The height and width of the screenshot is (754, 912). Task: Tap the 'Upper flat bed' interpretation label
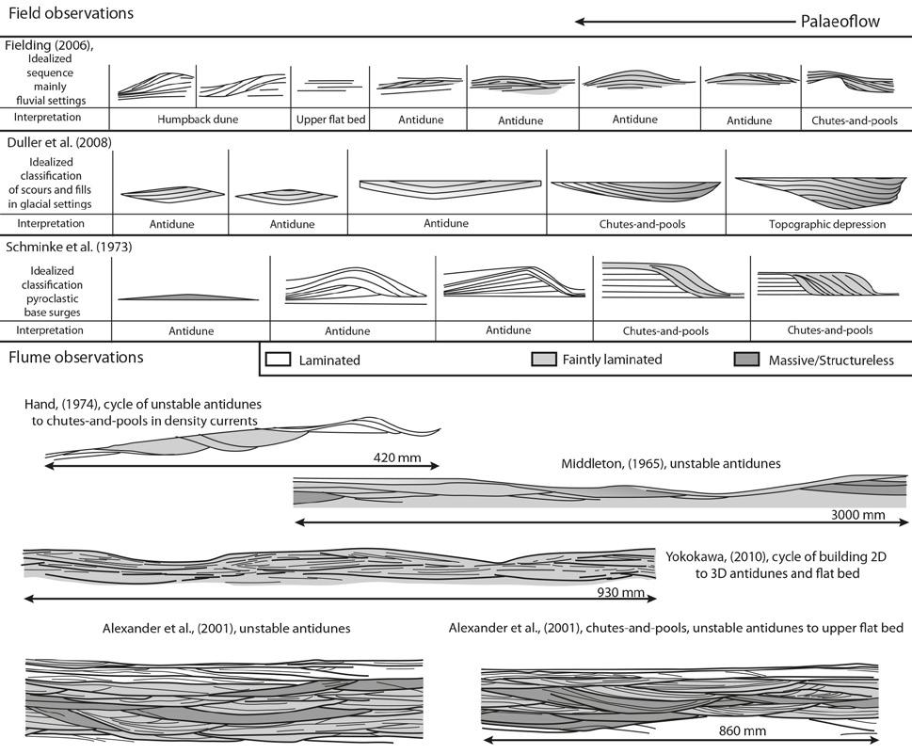click(329, 120)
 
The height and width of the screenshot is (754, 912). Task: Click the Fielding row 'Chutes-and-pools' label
click(853, 120)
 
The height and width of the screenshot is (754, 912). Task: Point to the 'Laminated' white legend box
click(279, 360)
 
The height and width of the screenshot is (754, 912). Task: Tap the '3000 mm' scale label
click(858, 515)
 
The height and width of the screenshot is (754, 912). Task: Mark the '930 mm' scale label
click(621, 593)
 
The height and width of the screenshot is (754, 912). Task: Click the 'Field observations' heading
click(71, 14)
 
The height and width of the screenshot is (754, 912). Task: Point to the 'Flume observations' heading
click(76, 358)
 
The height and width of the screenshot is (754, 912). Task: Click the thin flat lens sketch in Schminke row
click(189, 297)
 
